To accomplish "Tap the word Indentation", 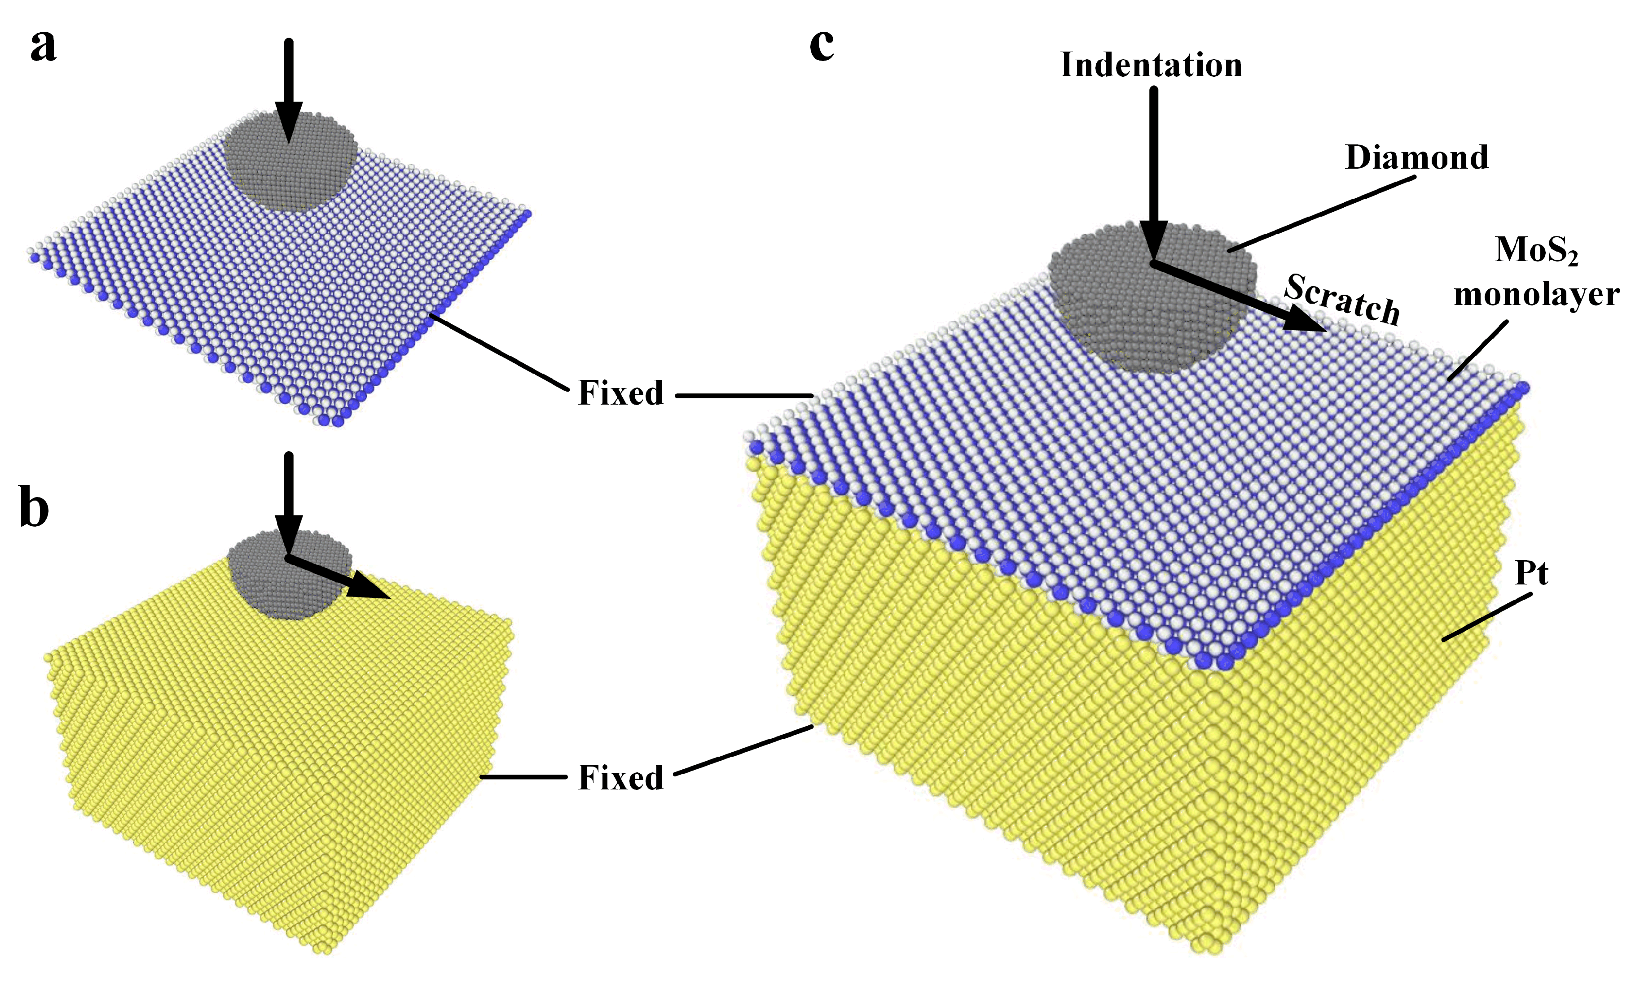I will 1151,65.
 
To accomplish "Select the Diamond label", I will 1416,158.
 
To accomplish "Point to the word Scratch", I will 1342,299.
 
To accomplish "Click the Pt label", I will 1531,573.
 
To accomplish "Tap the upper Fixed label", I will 620,393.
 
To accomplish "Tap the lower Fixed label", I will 620,778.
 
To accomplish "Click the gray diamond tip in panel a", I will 290,166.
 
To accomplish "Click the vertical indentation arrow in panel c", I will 1154,172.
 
